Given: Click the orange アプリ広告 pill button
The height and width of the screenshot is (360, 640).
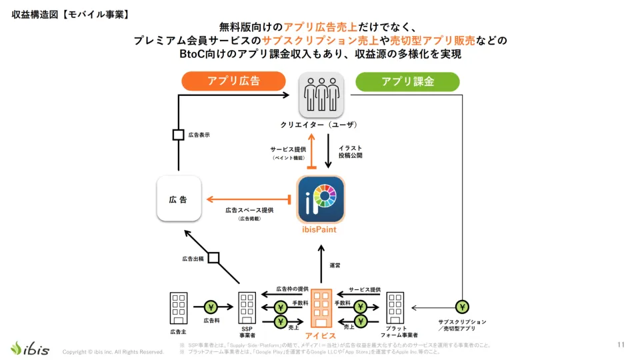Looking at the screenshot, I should coord(233,82).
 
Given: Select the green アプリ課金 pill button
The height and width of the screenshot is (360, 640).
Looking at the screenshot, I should coord(407,82).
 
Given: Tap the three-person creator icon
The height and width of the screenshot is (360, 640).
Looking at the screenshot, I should coord(321,94).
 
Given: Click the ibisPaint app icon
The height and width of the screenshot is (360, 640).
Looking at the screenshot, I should coord(321,199).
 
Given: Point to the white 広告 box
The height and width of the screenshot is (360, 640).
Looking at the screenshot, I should coord(179,199).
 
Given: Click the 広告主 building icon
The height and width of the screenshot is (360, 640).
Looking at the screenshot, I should coord(179,308).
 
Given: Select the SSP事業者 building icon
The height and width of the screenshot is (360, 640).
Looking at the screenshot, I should coord(247,308).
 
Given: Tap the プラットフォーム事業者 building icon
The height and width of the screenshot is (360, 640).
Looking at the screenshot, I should coord(395,308).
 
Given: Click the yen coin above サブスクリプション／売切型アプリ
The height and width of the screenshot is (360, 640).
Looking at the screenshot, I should coord(461,307).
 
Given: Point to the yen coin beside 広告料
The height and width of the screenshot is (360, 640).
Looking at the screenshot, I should coord(211,307).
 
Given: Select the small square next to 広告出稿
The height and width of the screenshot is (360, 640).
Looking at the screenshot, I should coord(213,257).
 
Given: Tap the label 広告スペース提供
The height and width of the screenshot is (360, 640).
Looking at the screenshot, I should coord(249,210).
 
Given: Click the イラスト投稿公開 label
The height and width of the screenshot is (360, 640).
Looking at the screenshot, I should coord(351,151).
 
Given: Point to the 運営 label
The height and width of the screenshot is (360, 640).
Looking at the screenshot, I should coord(335,265).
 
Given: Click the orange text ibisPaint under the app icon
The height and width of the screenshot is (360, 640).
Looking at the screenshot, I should coord(321,230).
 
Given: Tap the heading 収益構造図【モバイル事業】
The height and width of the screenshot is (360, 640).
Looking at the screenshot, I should coord(71,14).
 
